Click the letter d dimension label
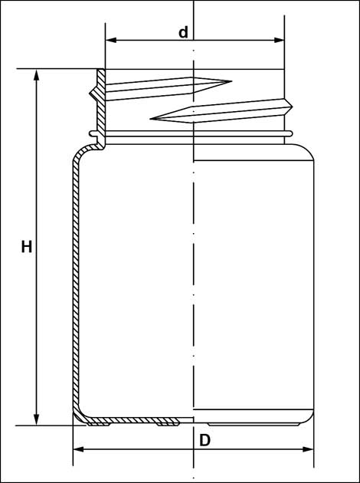pos(183,32)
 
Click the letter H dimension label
pos(27,247)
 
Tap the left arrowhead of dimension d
pos(111,40)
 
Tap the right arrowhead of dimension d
pos(279,40)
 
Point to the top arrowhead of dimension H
pos(36,75)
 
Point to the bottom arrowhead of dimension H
pos(36,419)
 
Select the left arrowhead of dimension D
pos(78,449)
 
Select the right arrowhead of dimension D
pos(308,449)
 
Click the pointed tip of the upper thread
pos(231,81)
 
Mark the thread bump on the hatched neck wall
pos(93,93)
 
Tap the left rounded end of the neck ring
pos(92,133)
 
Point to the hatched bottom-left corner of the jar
pos(79,416)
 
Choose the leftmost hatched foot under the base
pos(99,424)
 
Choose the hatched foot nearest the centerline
pos(168,424)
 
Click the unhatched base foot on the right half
pos(254,424)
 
